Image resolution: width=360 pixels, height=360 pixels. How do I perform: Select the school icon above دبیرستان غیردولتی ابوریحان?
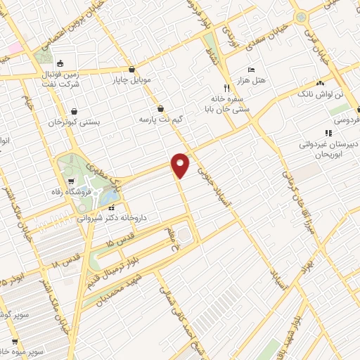click(327, 132)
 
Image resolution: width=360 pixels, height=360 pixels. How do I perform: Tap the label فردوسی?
click(346, 120)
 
